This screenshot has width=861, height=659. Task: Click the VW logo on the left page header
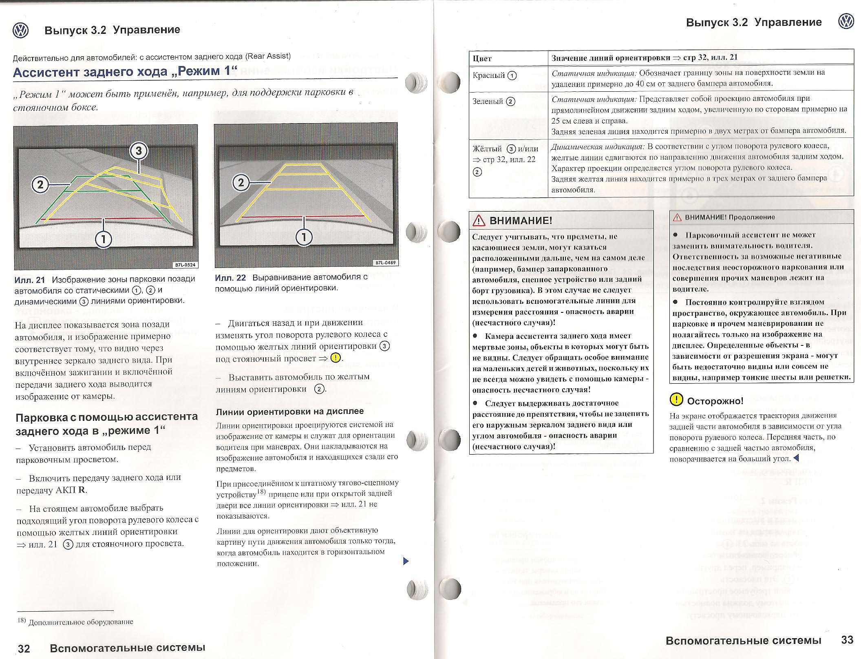point(20,30)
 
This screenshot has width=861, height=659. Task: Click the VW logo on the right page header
point(846,22)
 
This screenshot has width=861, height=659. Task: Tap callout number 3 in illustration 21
point(138,151)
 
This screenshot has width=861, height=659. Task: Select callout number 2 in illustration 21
point(40,185)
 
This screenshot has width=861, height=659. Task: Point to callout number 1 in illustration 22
point(304,237)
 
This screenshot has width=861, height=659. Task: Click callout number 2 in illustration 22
point(241,182)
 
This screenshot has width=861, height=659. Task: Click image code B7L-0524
point(185,265)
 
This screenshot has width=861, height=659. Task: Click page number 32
point(24,648)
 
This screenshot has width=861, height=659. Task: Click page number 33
point(847,639)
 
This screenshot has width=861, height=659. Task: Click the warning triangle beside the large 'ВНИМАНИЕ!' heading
point(479,221)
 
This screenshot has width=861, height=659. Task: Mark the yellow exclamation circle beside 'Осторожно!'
point(676,400)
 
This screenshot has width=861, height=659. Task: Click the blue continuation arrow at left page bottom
point(405,561)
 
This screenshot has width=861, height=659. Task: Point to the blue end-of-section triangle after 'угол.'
point(797,458)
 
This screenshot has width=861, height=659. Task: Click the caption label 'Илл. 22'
point(230,278)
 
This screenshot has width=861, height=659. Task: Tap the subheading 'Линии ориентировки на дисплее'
point(289,411)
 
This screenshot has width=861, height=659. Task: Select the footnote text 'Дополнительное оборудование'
point(80,622)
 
